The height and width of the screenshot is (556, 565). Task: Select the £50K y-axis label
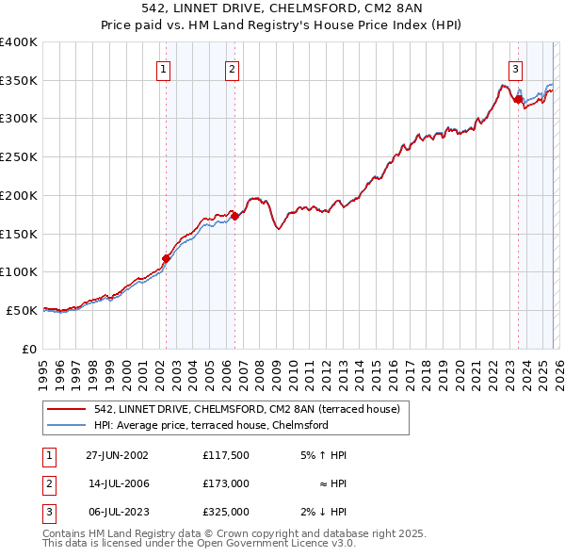(x=23, y=310)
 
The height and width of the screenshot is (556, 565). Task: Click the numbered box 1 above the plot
(x=164, y=68)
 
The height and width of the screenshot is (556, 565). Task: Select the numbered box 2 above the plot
(x=232, y=68)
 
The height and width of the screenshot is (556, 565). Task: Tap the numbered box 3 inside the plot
(x=516, y=68)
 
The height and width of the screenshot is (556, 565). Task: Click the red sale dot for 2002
(x=166, y=257)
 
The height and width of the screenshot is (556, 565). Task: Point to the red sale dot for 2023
(x=518, y=99)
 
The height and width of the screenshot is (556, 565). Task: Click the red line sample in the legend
(x=68, y=409)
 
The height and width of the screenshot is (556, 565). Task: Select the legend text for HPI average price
(x=211, y=425)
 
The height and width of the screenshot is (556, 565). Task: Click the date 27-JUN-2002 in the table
(x=117, y=455)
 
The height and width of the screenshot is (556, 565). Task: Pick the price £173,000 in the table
(x=225, y=483)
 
